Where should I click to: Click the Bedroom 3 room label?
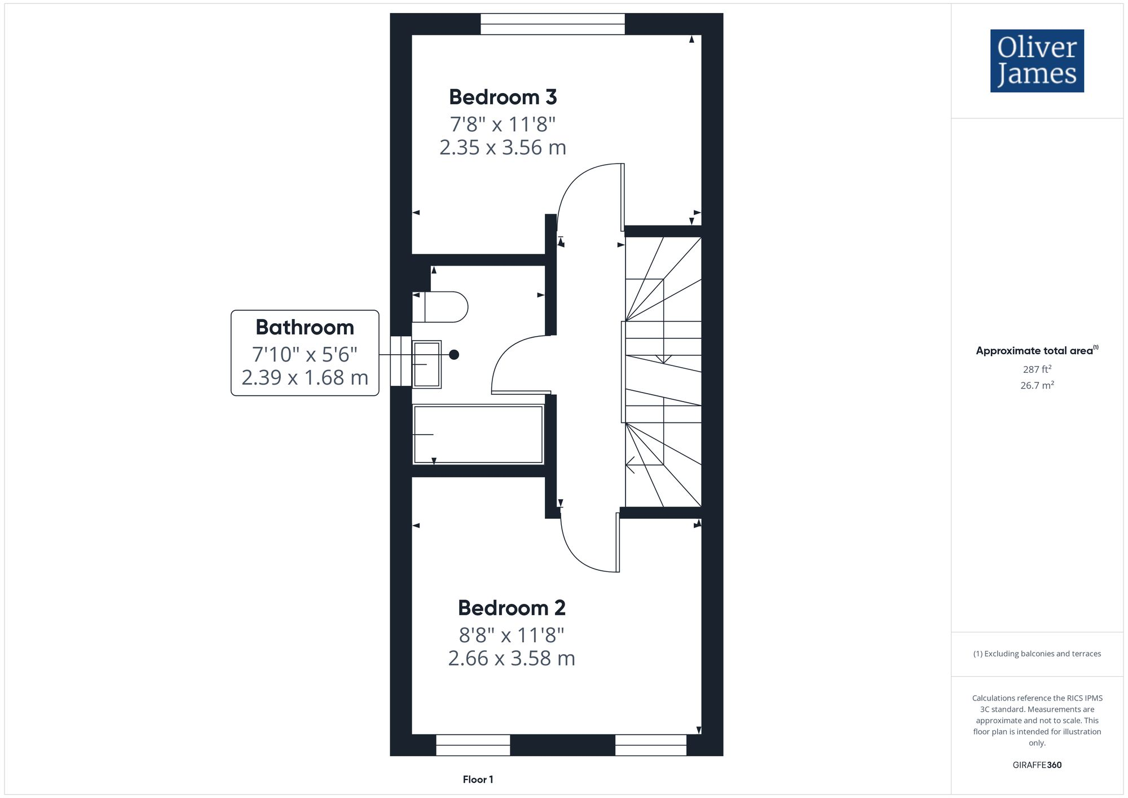pos(503,97)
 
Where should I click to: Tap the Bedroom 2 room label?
pos(512,608)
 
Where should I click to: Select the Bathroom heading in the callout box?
pos(305,327)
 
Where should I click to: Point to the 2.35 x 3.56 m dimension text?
pos(503,148)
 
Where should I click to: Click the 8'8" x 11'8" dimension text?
pos(512,636)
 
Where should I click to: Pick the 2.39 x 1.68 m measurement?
pos(305,377)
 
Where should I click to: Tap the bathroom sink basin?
pos(427,364)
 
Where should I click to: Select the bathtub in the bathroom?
pos(478,434)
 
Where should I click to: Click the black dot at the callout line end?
pos(454,355)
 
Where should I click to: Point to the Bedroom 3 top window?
pos(553,24)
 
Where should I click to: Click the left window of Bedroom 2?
pos(473,745)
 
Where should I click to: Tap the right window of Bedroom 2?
pos(651,745)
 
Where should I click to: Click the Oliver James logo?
pos(1037,61)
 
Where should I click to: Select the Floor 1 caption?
pos(478,779)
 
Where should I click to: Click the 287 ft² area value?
pos(1037,369)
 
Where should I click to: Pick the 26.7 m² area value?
pos(1037,386)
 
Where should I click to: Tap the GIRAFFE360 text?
pos(1037,765)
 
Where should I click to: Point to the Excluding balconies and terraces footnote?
pos(1037,654)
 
